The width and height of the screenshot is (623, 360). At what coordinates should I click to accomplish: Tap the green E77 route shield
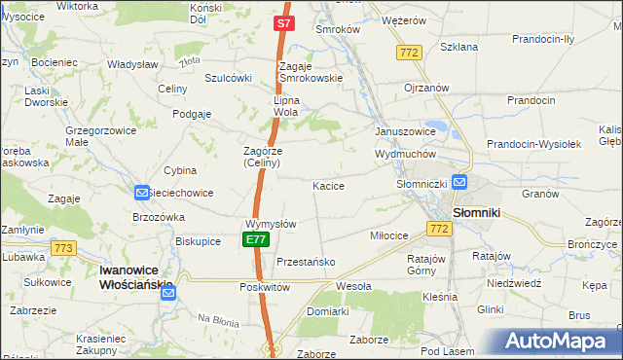(255, 239)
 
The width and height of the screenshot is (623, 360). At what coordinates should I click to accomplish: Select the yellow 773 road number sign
(64, 248)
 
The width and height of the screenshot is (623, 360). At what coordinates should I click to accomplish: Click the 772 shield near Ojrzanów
(408, 52)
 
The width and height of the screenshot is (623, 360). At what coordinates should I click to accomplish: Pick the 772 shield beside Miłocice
(437, 228)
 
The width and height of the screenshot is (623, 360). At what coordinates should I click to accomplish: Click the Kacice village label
(328, 185)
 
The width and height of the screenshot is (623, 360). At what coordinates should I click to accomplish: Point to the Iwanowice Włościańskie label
(137, 277)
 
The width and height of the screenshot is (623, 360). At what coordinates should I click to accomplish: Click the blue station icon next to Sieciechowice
(142, 194)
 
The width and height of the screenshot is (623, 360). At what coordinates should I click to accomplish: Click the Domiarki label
(327, 311)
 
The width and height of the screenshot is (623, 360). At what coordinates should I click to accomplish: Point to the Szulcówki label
(229, 78)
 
